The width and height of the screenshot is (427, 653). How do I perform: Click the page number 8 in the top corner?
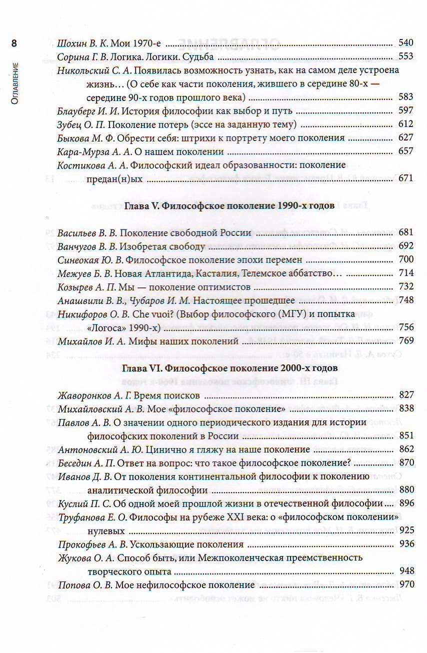click(14, 43)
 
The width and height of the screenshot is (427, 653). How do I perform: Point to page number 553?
click(405, 56)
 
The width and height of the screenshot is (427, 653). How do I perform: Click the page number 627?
click(405, 137)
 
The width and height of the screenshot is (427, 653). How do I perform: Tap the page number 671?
click(405, 178)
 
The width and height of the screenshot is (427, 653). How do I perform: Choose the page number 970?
click(405, 584)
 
